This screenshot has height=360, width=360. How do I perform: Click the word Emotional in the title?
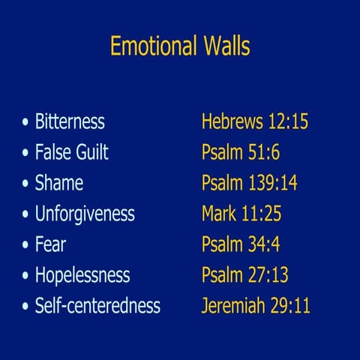pyautogui.click(x=153, y=46)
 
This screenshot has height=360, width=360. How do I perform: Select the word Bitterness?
pyautogui.click(x=70, y=121)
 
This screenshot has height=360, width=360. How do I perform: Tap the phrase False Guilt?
pyautogui.click(x=71, y=152)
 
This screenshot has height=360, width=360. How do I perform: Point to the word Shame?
pyautogui.click(x=58, y=183)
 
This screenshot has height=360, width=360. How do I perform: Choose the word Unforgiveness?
pyautogui.click(x=85, y=214)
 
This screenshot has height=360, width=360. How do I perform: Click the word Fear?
pyautogui.click(x=50, y=244)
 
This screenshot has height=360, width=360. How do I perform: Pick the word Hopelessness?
pyautogui.click(x=82, y=275)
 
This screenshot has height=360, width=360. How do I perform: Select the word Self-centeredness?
pyautogui.click(x=97, y=306)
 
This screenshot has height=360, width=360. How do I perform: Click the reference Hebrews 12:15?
pyautogui.click(x=255, y=121)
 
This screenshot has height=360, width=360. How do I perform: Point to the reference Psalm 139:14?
pyautogui.click(x=249, y=183)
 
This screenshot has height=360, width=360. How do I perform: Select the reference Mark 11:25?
pyautogui.click(x=241, y=214)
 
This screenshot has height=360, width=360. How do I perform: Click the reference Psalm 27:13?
pyautogui.click(x=245, y=275)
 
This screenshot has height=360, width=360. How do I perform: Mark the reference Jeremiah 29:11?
pyautogui.click(x=256, y=306)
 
